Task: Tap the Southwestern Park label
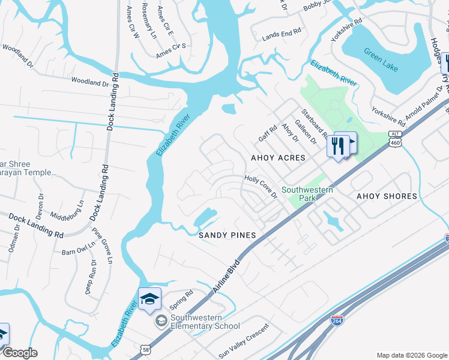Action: pyautogui.click(x=307, y=194)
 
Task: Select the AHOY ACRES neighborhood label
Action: pyautogui.click(x=278, y=158)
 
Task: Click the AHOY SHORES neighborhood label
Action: pyautogui.click(x=387, y=196)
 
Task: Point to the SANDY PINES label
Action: pyautogui.click(x=228, y=235)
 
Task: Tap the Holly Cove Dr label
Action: pyautogui.click(x=261, y=187)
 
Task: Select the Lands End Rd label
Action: pyautogui.click(x=282, y=35)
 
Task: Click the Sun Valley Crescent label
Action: pyautogui.click(x=243, y=346)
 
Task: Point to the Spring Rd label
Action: pyautogui.click(x=181, y=296)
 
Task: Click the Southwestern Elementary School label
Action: pyautogui.click(x=205, y=322)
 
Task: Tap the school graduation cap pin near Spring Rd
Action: pyautogui.click(x=149, y=299)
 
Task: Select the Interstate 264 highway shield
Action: pyautogui.click(x=338, y=322)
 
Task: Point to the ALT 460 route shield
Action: pyautogui.click(x=394, y=140)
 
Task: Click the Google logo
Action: pyautogui.click(x=19, y=353)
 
